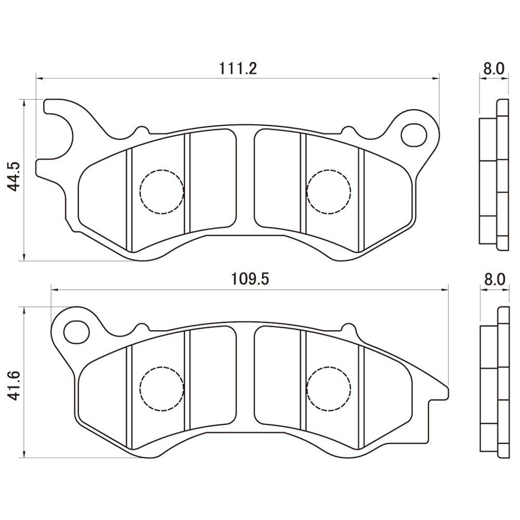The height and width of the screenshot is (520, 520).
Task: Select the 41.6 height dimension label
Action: click(x=15, y=384)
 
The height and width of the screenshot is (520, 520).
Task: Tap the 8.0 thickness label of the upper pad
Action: click(x=493, y=68)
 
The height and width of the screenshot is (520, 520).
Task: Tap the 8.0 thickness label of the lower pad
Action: click(x=495, y=279)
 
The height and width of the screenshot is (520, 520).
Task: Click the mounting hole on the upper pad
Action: click(x=414, y=134)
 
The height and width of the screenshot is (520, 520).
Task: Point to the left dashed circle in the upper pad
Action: click(x=162, y=191)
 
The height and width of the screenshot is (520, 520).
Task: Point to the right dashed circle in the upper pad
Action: click(x=329, y=191)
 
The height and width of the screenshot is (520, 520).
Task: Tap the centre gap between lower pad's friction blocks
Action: click(x=245, y=380)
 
